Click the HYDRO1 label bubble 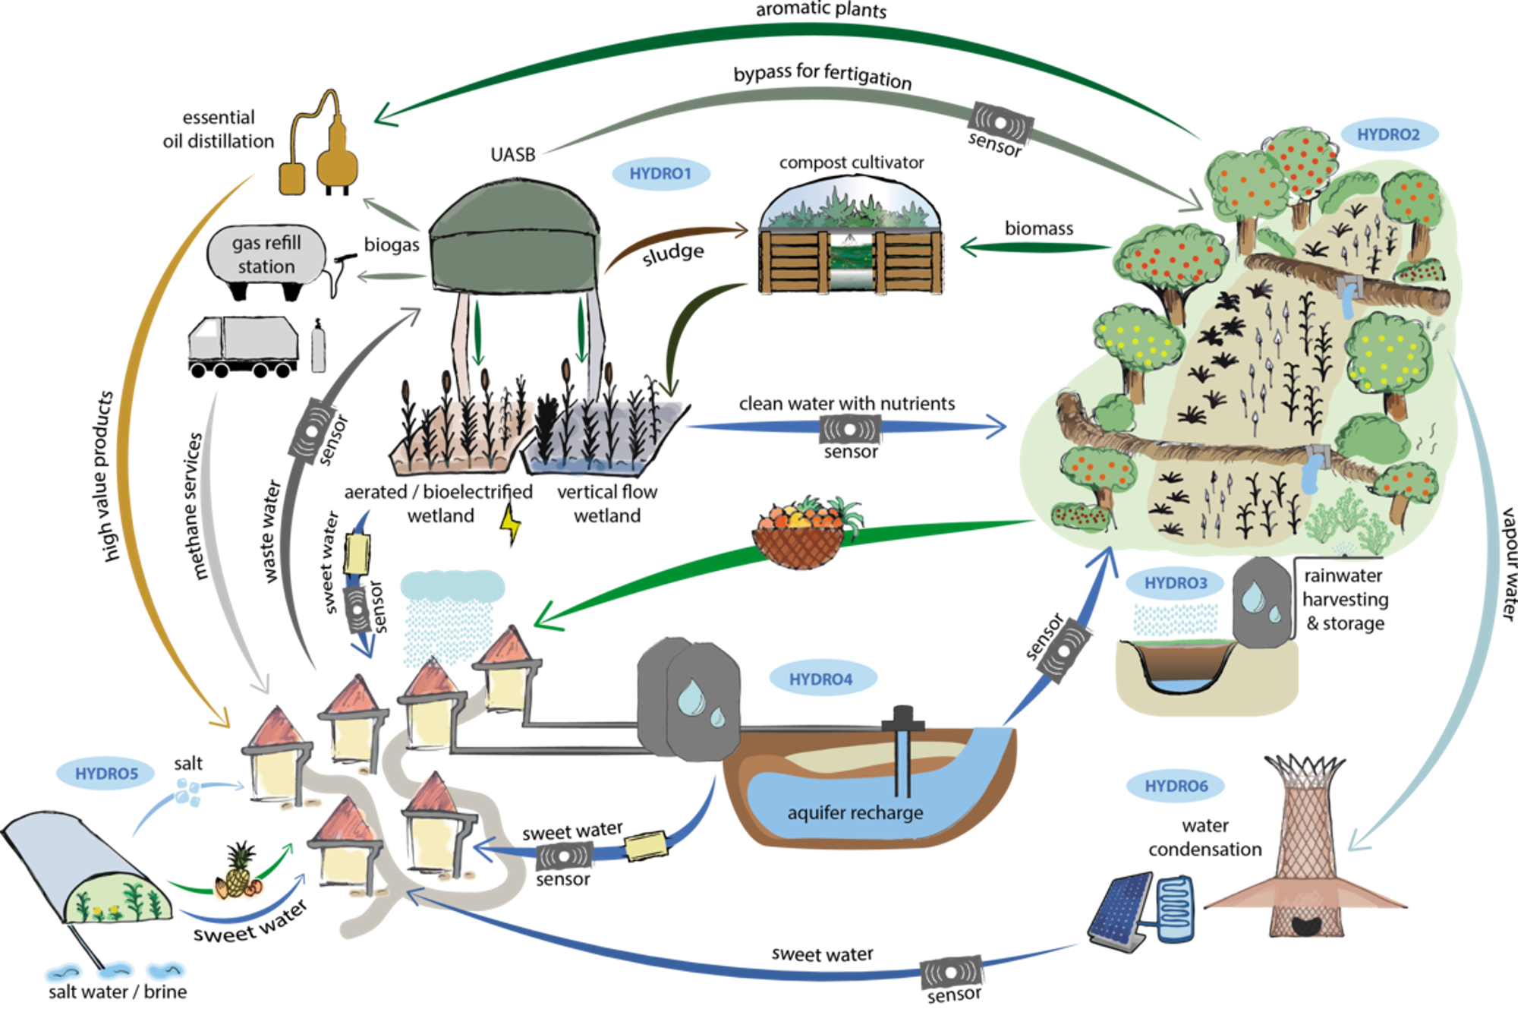tap(660, 174)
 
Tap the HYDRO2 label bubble tap(1388, 134)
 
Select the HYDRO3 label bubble tap(1175, 583)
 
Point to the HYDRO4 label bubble tap(821, 679)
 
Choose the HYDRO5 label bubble tap(106, 774)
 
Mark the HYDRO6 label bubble tap(1176, 786)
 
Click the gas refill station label tap(266, 254)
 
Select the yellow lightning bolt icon tap(512, 522)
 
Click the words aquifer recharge tap(855, 813)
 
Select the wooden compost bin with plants tap(852, 239)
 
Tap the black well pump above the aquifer tap(903, 718)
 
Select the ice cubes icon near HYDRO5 tap(188, 793)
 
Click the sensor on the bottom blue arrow tap(952, 973)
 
